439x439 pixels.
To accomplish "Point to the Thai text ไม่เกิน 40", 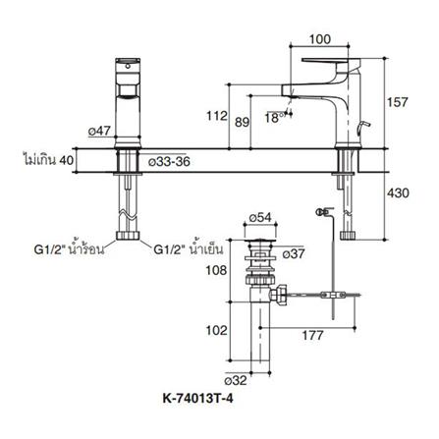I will tap(50, 158).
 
